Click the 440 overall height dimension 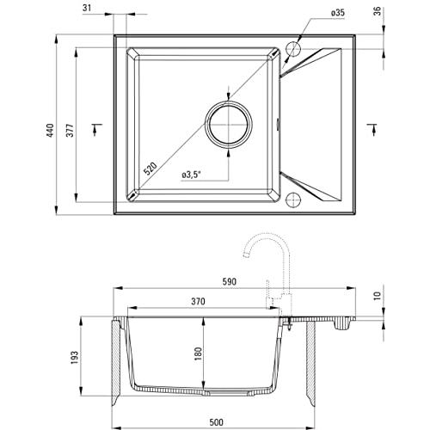pos(51,131)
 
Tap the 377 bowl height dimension pos(71,131)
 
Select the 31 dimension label pos(87,8)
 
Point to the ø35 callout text pos(337,13)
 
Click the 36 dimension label pos(378,11)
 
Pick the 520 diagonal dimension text pos(150,169)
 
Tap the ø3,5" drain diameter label pos(191,175)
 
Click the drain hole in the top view pos(229,125)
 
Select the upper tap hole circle pos(293,49)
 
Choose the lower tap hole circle pos(293,200)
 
